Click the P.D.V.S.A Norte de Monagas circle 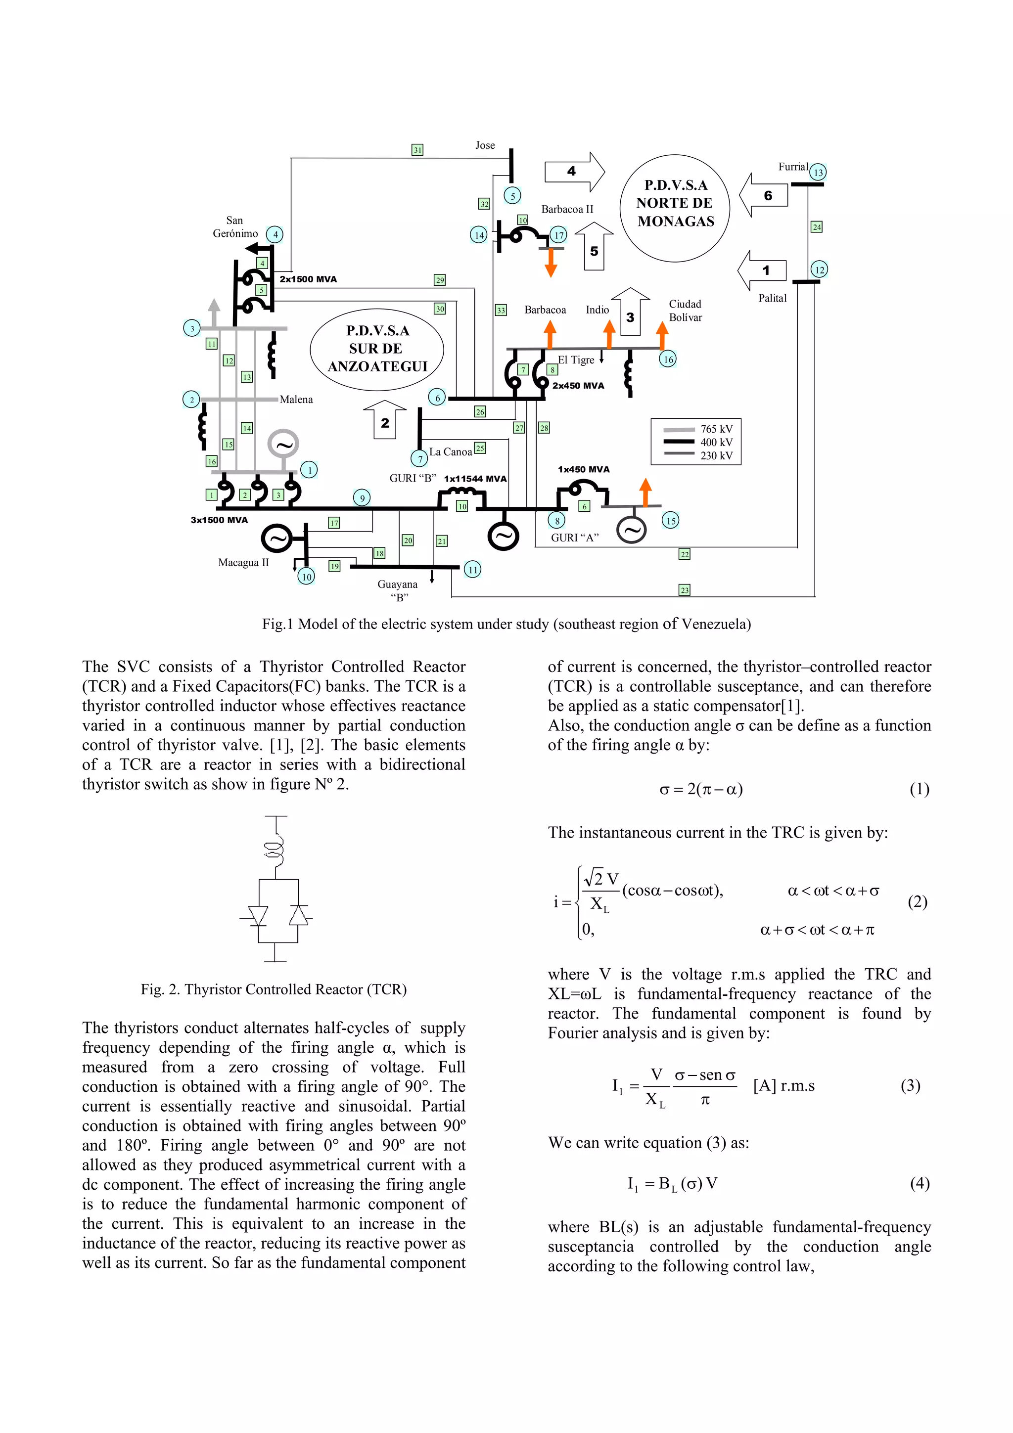click(x=675, y=207)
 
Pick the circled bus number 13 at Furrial click(x=818, y=172)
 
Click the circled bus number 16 click(x=668, y=359)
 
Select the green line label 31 click(x=417, y=150)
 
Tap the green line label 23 click(x=685, y=590)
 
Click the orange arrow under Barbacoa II click(x=551, y=263)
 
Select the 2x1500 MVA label click(x=308, y=279)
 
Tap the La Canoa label click(x=450, y=452)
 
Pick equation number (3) click(x=910, y=1085)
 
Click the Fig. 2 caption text click(x=274, y=989)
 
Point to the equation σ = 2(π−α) click(x=701, y=790)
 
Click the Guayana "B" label click(x=398, y=590)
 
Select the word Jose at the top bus click(x=485, y=145)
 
